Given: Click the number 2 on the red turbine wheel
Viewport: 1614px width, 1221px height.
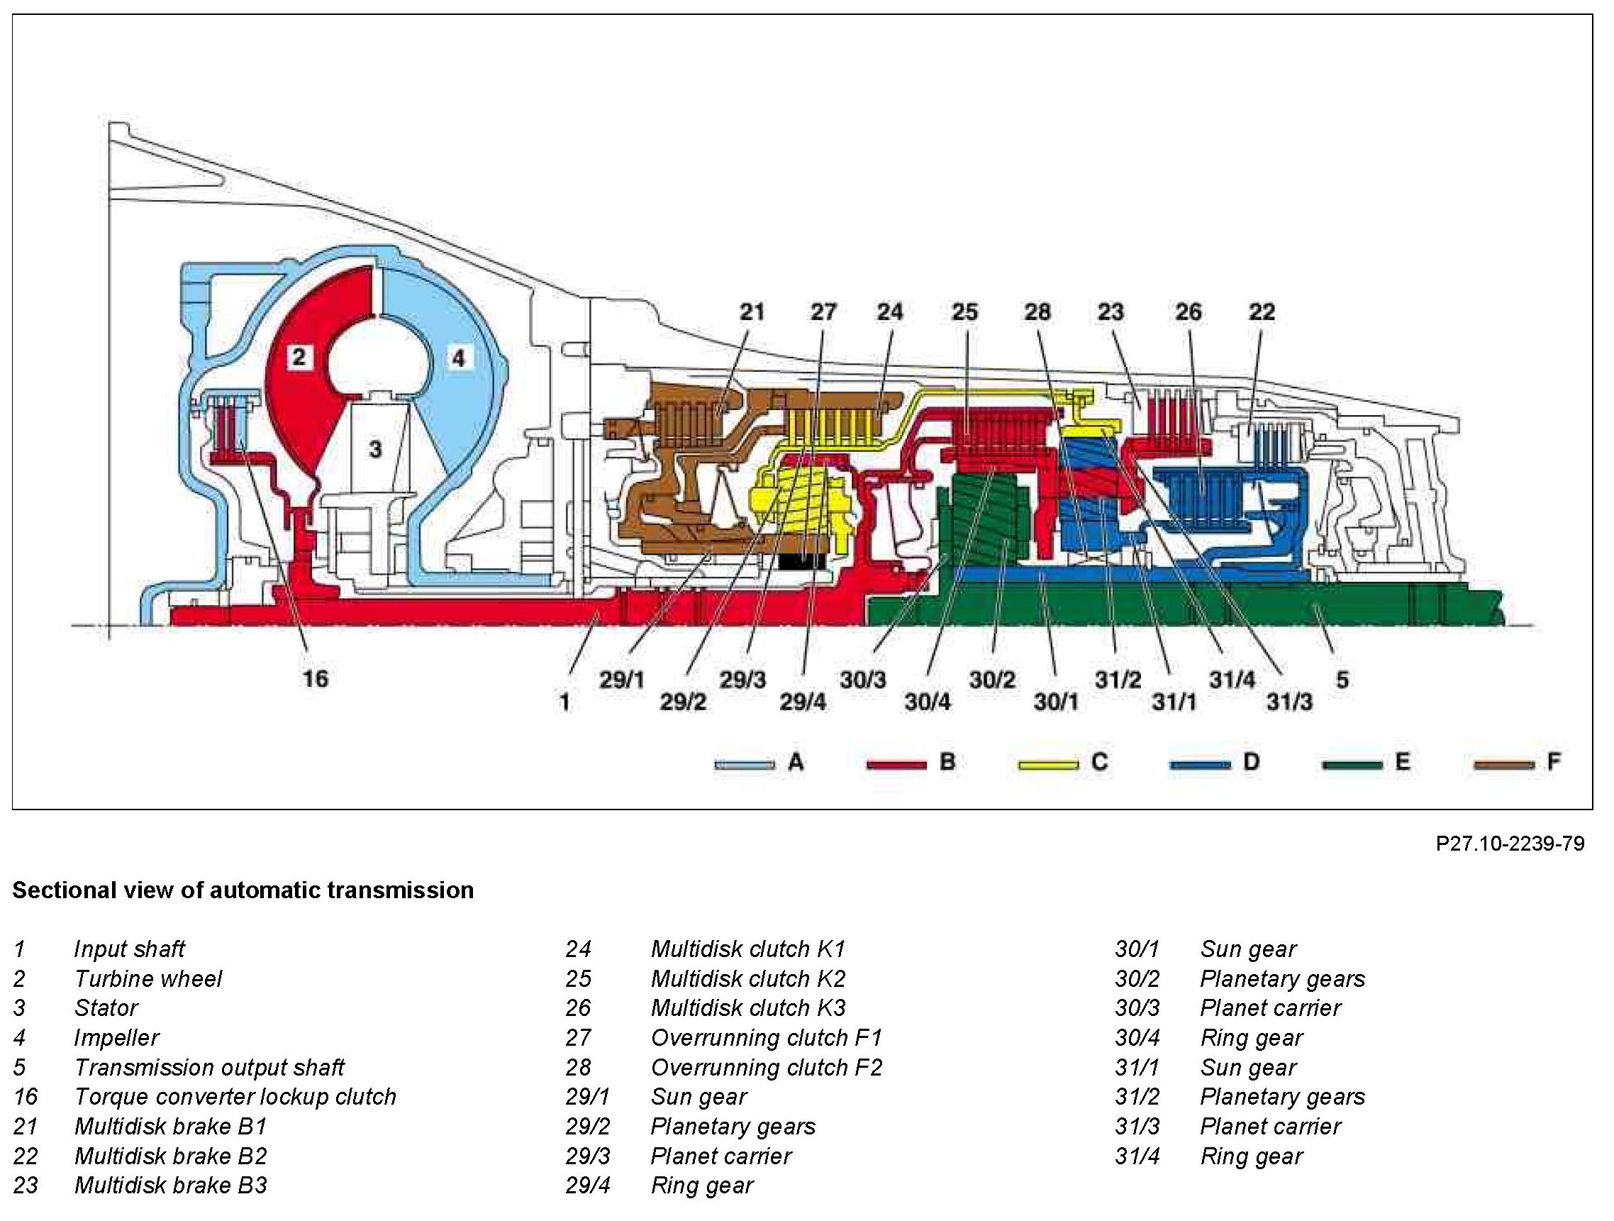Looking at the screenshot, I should [x=299, y=357].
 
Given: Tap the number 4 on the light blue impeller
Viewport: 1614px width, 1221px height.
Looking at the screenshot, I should [x=457, y=358].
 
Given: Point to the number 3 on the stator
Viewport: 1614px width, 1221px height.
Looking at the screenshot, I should [x=375, y=448].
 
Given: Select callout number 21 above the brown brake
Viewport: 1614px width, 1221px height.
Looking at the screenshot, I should [x=752, y=312].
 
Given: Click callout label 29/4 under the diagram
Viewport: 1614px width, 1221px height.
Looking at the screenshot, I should [x=803, y=702].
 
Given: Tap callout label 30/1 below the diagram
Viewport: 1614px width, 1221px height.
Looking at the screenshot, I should [x=1056, y=702].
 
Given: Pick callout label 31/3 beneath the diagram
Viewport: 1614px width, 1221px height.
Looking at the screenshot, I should [x=1289, y=702].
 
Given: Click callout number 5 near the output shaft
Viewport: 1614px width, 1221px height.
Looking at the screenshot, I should [x=1342, y=680].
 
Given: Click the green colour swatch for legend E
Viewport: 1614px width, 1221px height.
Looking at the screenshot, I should [x=1352, y=764].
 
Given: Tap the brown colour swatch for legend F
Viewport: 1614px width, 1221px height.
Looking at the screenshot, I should [x=1503, y=764].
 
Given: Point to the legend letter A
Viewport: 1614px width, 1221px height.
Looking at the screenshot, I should [x=796, y=763].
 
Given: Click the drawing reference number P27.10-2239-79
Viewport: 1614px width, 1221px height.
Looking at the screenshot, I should [x=1510, y=844].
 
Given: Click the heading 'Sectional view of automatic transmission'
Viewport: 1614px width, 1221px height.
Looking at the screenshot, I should [x=243, y=890].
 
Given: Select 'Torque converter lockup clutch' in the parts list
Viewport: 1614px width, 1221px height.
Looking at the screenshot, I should [x=235, y=1097].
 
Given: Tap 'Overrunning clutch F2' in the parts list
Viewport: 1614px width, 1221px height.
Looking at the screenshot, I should [x=766, y=1068].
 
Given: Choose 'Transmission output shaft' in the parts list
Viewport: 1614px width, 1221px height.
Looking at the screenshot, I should [x=208, y=1068].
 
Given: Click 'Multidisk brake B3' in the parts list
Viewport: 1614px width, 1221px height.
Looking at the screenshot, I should [x=171, y=1186].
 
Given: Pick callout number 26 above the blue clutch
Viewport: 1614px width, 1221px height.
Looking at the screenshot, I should [x=1188, y=312].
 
